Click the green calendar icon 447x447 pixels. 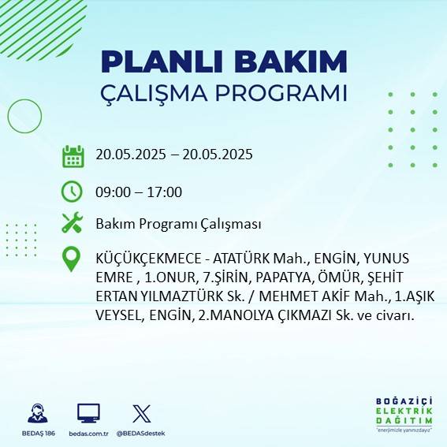tap(73, 155)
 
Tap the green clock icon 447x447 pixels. tap(73, 192)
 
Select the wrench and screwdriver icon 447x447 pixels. tap(73, 223)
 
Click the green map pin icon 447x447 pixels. tap(72, 259)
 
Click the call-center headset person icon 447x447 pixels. tap(37, 413)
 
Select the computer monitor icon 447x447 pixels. tap(88, 413)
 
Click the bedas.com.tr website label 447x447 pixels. tap(88, 434)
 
